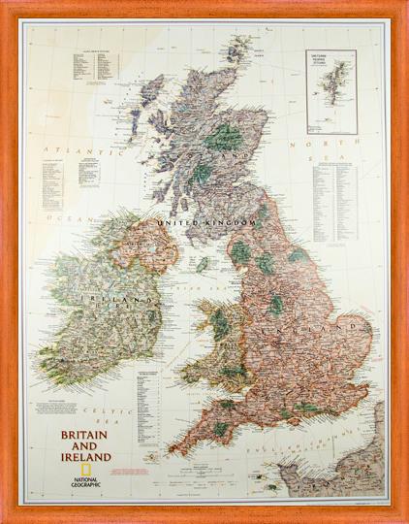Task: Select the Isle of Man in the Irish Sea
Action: pos(203,263)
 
